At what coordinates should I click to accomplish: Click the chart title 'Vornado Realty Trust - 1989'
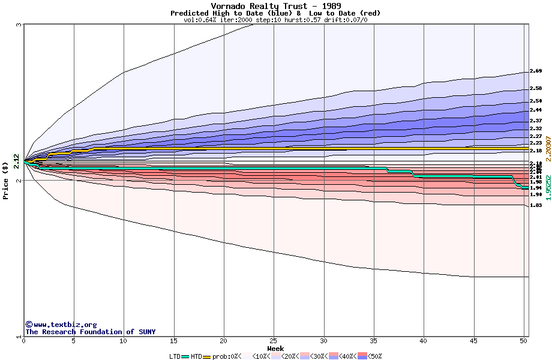275,6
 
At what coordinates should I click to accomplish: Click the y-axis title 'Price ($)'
5,180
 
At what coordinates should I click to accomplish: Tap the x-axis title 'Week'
275,348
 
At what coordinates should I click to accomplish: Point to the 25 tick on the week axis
274,341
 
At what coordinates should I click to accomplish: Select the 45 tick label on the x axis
473,341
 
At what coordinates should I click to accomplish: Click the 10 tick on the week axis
124,341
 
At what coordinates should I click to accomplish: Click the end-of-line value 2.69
536,71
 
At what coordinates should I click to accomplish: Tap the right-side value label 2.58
536,89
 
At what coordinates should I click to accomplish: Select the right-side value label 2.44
536,110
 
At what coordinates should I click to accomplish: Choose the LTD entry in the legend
175,356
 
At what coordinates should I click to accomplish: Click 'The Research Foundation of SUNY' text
90,332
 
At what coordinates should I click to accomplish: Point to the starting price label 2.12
16,160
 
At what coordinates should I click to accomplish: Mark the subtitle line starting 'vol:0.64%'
275,20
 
